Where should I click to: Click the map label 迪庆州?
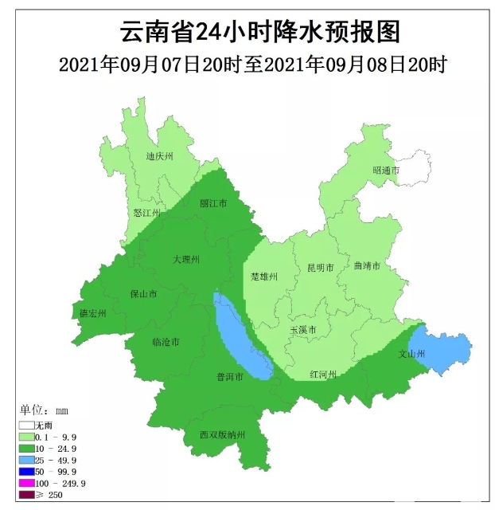click(x=160, y=157)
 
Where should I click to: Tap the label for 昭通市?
click(x=386, y=171)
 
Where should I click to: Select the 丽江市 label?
click(x=213, y=204)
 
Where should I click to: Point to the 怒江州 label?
click(x=147, y=214)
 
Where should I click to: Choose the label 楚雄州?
click(x=263, y=277)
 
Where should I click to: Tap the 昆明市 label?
click(x=320, y=268)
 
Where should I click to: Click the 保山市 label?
click(x=143, y=294)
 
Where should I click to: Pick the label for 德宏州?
click(x=93, y=314)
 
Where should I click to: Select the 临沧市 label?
click(x=166, y=342)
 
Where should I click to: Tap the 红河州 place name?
click(x=324, y=375)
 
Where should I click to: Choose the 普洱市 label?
click(x=230, y=376)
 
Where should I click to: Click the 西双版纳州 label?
click(x=223, y=435)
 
